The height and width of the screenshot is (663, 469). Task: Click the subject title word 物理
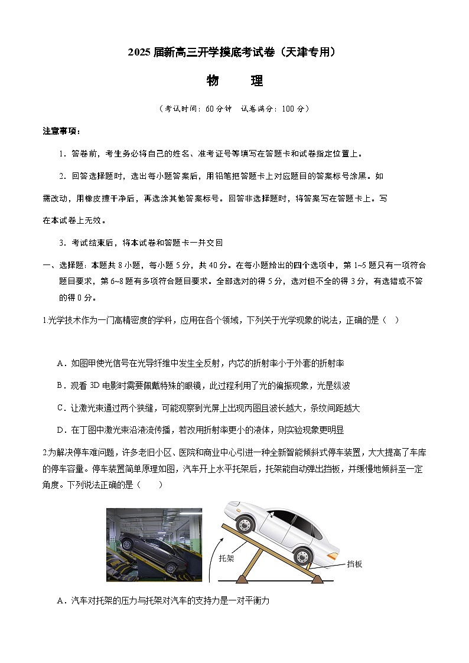[234, 81]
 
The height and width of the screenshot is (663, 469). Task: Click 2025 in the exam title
[140, 53]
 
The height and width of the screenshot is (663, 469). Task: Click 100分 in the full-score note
[292, 109]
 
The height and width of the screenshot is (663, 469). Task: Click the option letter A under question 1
[60, 363]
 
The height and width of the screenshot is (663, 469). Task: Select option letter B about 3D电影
[60, 386]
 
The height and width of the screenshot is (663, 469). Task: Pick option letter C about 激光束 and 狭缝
[60, 408]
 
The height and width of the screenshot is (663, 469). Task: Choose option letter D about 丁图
[60, 430]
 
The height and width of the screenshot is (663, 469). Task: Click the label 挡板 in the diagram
[354, 564]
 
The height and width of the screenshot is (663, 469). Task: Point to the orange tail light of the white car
[334, 555]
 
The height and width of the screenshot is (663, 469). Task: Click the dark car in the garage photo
[148, 544]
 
